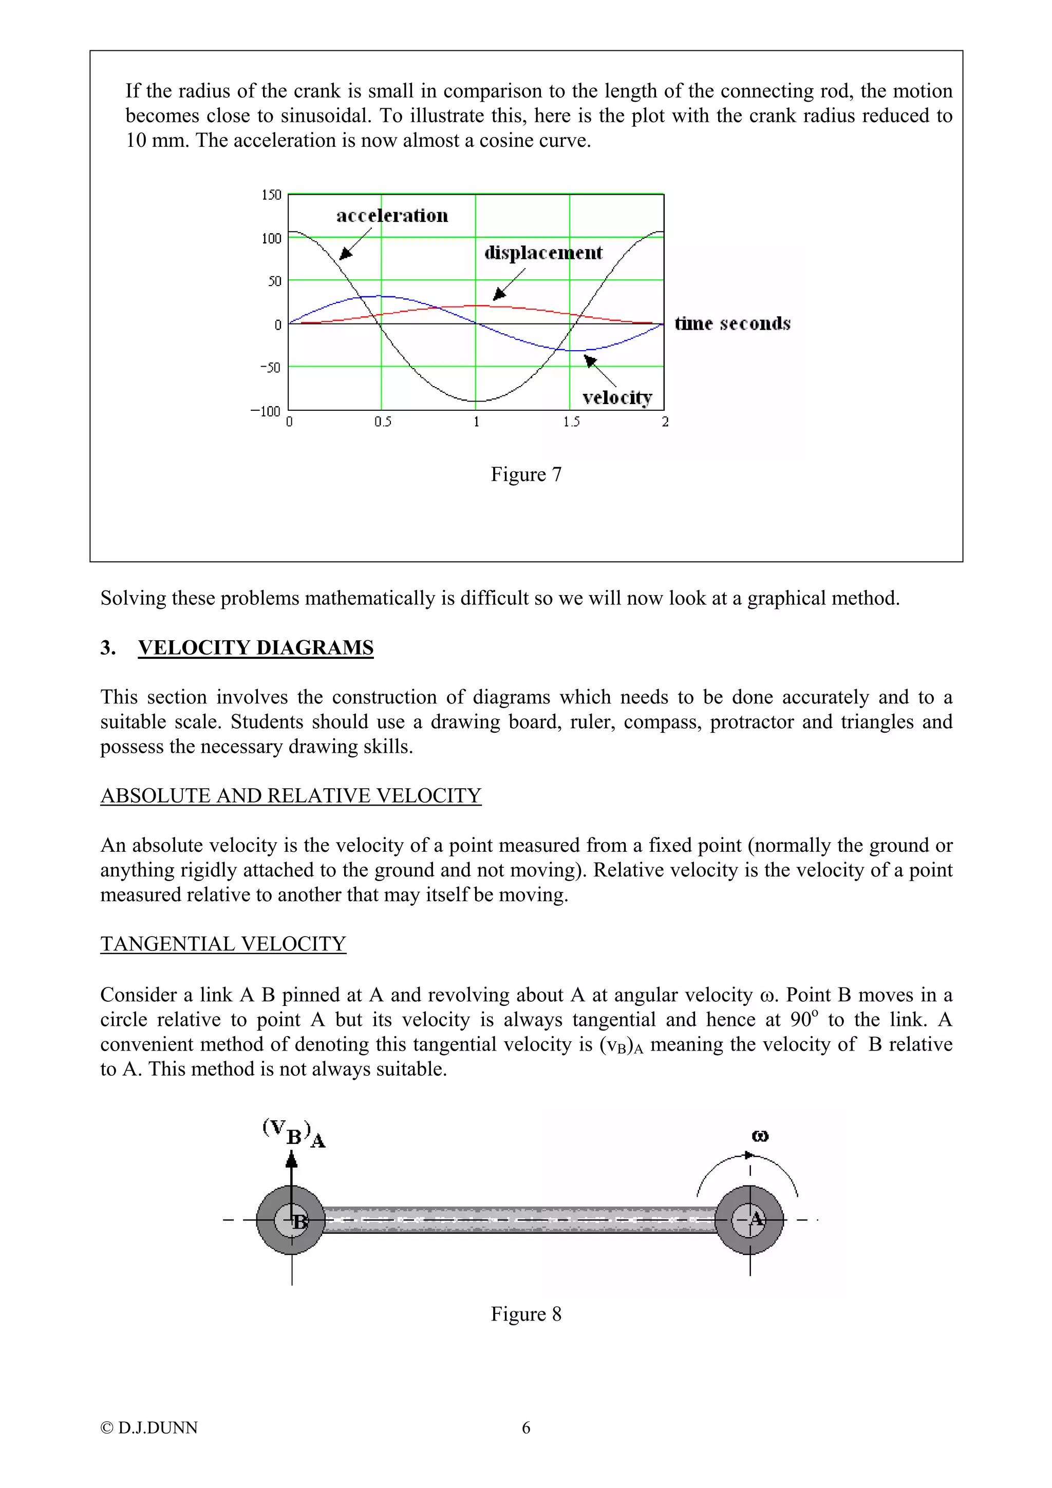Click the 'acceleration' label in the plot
(x=391, y=215)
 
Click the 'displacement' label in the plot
(x=542, y=253)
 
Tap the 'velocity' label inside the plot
(x=616, y=397)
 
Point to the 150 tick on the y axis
(x=271, y=195)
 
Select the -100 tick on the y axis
(x=266, y=411)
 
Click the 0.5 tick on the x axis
(x=382, y=422)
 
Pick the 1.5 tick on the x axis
(x=570, y=422)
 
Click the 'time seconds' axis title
(x=732, y=323)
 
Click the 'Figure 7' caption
(x=525, y=474)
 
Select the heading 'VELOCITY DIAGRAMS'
(x=255, y=647)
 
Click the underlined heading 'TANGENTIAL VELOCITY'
(x=223, y=944)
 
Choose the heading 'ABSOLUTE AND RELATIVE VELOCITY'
(x=290, y=795)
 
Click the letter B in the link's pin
(x=299, y=1222)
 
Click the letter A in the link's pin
(x=756, y=1219)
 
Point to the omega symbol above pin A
(x=760, y=1135)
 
